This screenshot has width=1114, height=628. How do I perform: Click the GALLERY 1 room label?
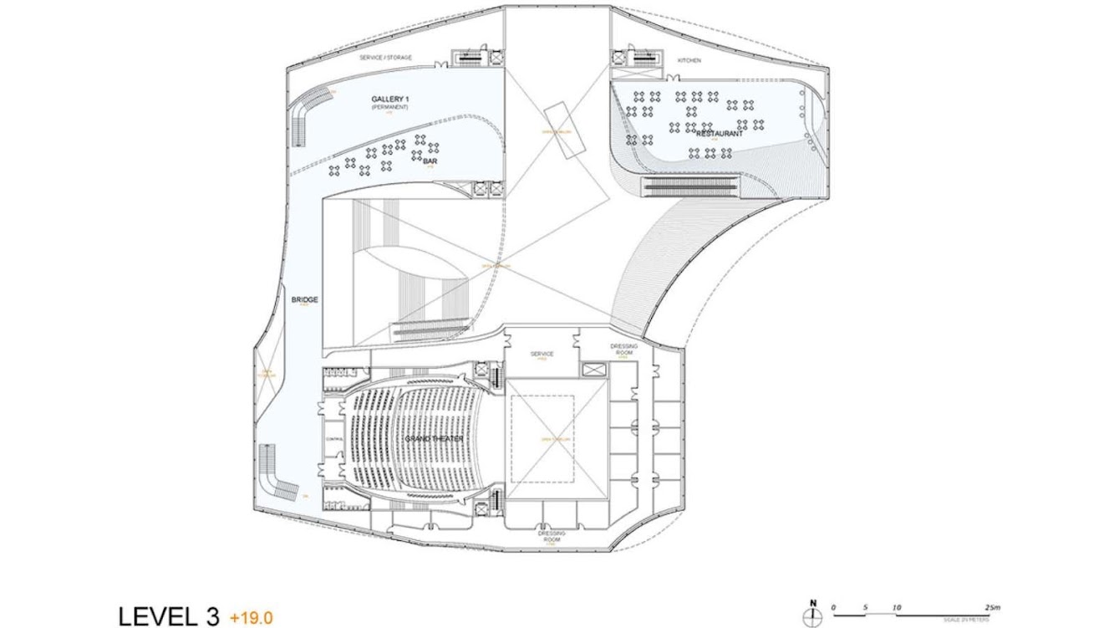pos(390,99)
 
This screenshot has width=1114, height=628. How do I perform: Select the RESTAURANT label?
pos(720,134)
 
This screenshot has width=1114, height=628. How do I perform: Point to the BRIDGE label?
pos(305,299)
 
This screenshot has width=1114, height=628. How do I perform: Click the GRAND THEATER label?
pos(434,439)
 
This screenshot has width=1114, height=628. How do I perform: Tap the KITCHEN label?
pos(689,61)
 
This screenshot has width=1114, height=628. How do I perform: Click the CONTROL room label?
pos(334,438)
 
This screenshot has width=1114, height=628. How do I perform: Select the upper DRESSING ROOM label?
pos(624,350)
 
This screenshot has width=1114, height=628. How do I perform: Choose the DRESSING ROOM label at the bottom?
pos(552,536)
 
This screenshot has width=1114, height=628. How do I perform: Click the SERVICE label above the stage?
pos(542,354)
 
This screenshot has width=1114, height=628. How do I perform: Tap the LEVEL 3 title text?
pos(169,617)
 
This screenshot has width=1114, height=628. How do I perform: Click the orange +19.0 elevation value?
pos(251,618)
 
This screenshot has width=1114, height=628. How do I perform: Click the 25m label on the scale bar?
pos(992,608)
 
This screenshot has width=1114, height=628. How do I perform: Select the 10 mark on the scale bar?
pos(897,608)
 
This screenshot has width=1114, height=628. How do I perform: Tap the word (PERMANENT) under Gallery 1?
pos(390,108)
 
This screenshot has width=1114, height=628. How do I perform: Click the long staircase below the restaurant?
pos(692,186)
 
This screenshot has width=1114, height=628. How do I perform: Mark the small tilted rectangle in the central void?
pos(562,131)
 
